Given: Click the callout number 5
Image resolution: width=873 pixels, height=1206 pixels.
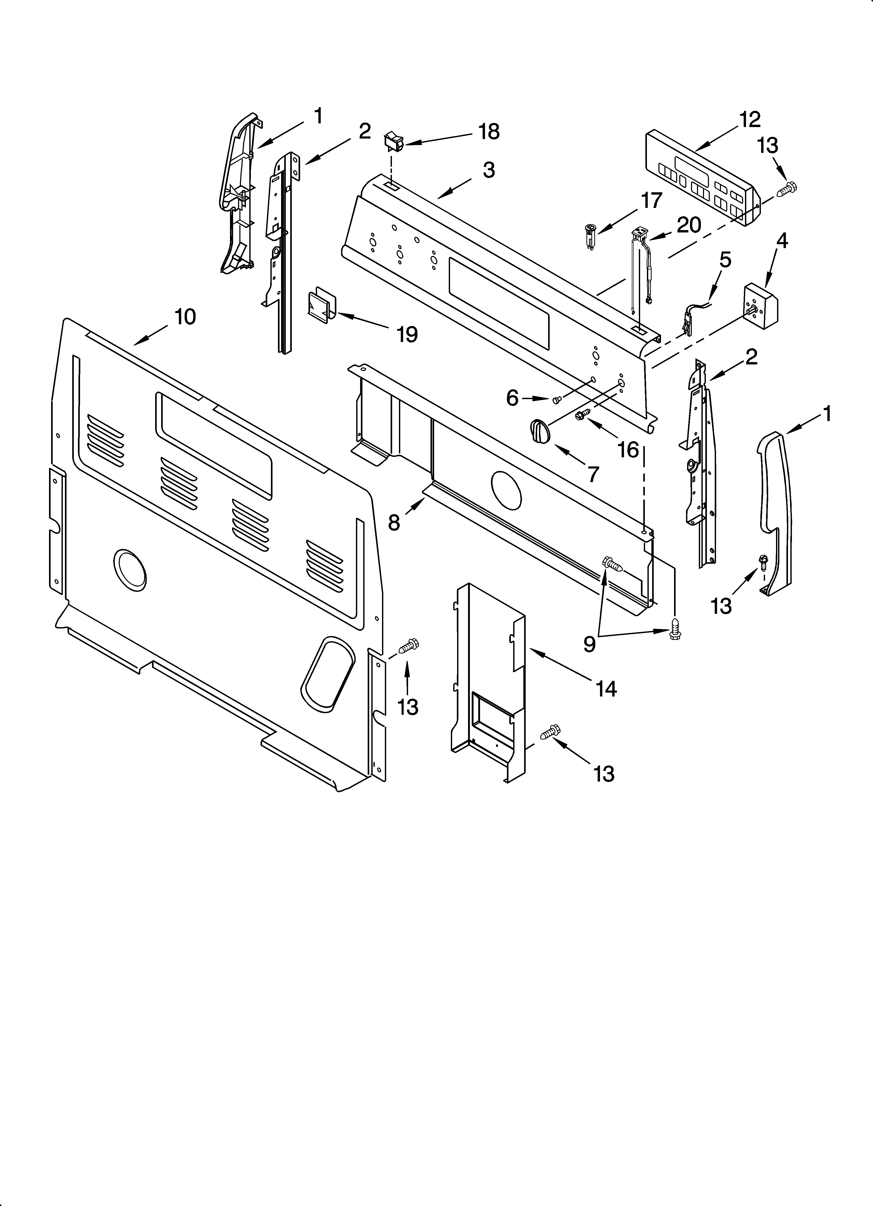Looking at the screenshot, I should pyautogui.click(x=725, y=260).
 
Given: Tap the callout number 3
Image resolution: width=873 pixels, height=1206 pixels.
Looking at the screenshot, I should pyautogui.click(x=489, y=170).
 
